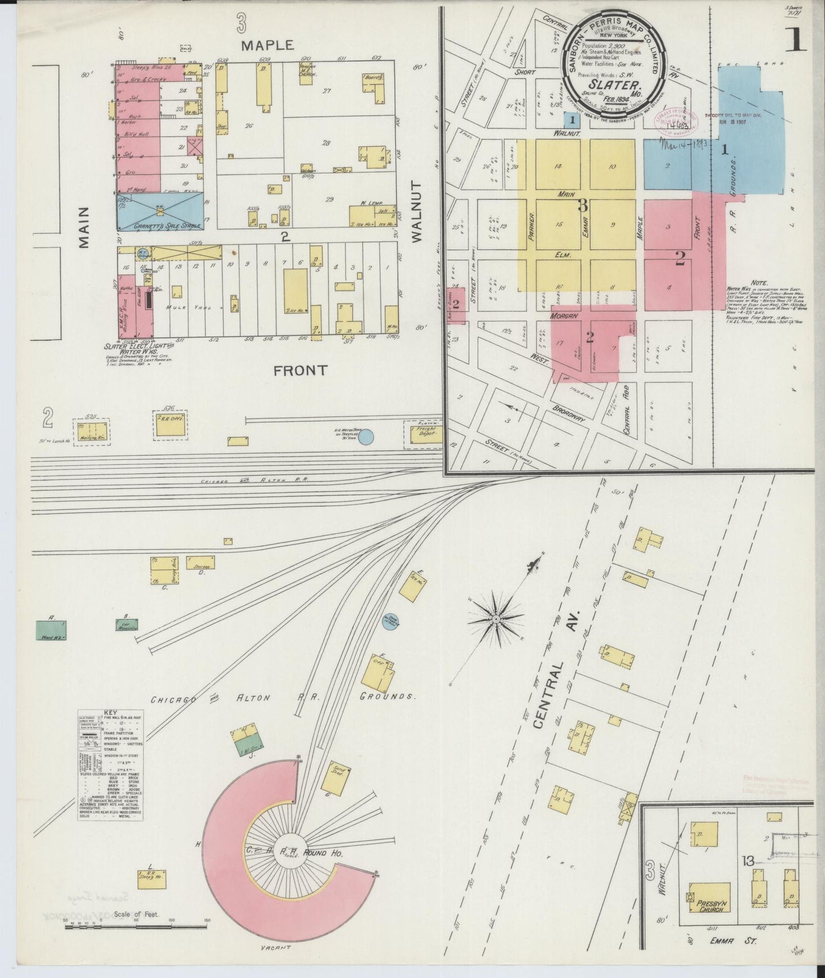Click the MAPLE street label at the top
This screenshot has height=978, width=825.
[267, 45]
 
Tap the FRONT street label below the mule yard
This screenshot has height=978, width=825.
[300, 370]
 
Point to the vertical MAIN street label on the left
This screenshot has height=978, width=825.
[84, 227]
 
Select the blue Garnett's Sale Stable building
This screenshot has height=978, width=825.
[160, 212]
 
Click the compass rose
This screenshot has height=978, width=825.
[497, 618]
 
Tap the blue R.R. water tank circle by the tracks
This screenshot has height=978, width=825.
[366, 437]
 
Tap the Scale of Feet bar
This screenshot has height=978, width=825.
[137, 937]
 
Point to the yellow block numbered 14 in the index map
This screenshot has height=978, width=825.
[557, 165]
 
